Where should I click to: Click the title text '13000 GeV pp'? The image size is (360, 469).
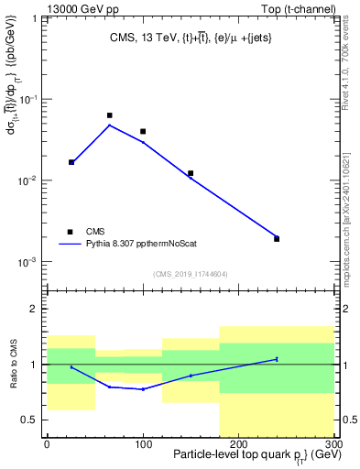click(75, 8)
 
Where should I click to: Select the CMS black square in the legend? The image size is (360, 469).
click(70, 232)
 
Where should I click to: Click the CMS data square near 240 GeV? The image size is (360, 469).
click(277, 238)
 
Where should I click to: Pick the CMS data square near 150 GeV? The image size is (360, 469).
click(191, 172)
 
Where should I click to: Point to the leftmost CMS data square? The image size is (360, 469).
click(71, 162)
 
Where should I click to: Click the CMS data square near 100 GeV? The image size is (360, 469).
click(143, 131)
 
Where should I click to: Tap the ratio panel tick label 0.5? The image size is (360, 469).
click(30, 420)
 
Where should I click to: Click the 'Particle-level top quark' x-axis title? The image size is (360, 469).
click(223, 455)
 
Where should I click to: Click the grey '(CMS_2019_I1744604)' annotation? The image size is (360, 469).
click(190, 274)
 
